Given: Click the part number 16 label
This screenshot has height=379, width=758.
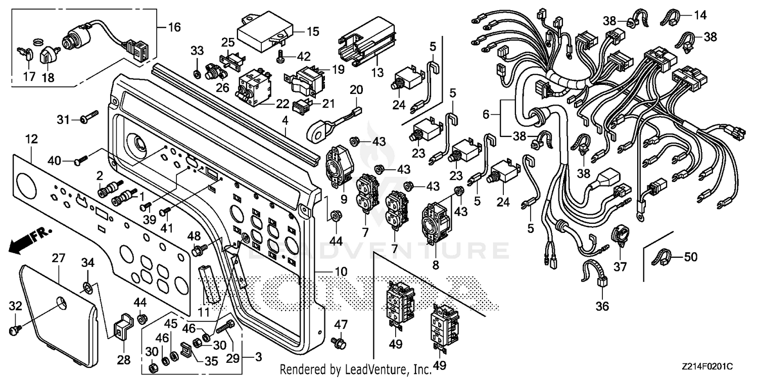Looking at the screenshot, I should click(x=173, y=27).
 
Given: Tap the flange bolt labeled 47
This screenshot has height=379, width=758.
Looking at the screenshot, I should click(x=340, y=342).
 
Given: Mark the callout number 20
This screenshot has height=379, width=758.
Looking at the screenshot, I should click(x=356, y=90).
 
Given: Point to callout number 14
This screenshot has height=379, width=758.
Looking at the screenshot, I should click(x=699, y=16).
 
